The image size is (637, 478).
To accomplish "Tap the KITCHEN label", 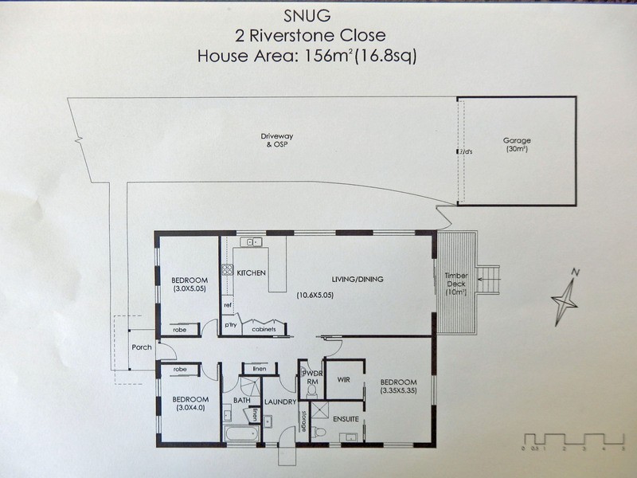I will click(x=251, y=273).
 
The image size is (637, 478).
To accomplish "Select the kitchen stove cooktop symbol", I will click(x=226, y=271).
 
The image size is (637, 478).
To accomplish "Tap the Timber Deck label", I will click(x=457, y=284).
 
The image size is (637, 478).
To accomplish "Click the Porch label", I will click(x=141, y=347).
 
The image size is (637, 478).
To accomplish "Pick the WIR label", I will click(x=344, y=379).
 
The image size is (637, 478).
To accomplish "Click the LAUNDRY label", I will click(x=280, y=402).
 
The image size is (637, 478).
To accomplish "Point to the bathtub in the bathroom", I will click(x=240, y=435).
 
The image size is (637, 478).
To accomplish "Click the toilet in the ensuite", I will click(x=318, y=433).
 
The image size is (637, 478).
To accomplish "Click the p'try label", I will click(x=230, y=326).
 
